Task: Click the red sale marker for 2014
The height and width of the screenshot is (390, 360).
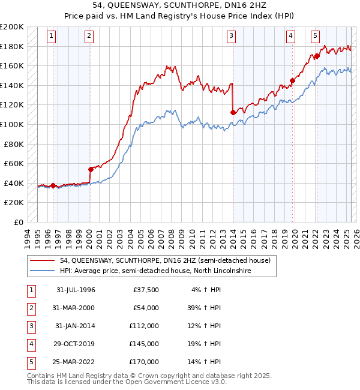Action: tap(233, 112)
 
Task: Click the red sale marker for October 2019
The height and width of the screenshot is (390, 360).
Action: tap(292, 80)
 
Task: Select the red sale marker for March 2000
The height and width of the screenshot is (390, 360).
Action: tap(91, 169)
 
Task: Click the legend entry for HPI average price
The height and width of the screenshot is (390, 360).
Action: tap(155, 271)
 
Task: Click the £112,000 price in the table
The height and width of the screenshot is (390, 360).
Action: tap(144, 326)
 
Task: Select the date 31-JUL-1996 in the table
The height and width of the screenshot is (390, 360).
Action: tap(76, 290)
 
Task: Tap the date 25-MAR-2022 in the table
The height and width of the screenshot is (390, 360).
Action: tap(76, 362)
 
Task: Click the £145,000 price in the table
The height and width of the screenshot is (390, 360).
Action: tap(144, 344)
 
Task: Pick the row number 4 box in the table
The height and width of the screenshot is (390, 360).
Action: tap(30, 344)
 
